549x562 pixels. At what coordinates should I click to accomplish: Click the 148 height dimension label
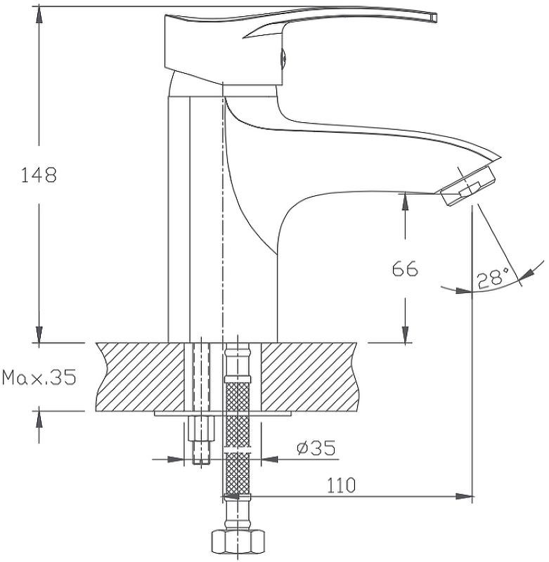pos(39,176)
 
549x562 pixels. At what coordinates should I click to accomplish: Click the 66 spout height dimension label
pos(405,269)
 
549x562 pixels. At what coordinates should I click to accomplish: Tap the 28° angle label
pos(493,277)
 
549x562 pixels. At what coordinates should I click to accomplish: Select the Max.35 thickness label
pos(39,377)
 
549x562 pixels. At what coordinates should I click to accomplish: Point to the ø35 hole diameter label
pos(316,447)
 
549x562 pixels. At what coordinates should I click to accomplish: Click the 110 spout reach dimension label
pos(341,485)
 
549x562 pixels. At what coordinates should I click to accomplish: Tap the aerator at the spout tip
pos(467,185)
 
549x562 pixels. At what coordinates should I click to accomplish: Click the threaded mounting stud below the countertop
pos(201,440)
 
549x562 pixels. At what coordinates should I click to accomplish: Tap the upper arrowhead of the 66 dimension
pos(405,202)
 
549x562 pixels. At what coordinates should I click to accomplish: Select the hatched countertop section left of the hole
pos(141,377)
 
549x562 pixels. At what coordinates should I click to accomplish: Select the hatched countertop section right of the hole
pos(309,377)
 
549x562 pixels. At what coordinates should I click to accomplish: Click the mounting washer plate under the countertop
pos(223,414)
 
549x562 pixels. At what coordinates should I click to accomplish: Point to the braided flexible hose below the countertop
pos(237,437)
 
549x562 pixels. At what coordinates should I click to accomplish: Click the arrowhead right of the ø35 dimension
pos(269,459)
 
